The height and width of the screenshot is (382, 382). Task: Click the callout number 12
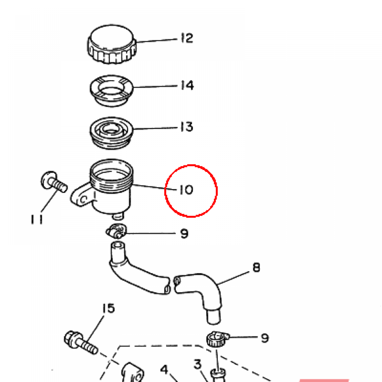coord(187,38)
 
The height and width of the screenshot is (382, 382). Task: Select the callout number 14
coord(187,85)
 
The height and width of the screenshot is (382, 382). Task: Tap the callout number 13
coord(187,127)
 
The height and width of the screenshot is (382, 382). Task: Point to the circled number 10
coord(187,190)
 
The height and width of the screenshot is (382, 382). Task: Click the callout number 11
coord(37,219)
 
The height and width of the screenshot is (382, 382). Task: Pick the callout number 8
coord(256,267)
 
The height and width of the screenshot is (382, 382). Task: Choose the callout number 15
coord(108,308)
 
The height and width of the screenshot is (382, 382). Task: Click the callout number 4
coord(164,369)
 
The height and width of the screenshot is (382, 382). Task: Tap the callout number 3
coord(197,364)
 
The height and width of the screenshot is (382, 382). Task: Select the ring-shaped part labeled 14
coord(112,91)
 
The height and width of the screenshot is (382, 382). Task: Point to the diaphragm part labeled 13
coord(112,133)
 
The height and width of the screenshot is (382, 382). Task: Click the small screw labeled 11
coord(54,181)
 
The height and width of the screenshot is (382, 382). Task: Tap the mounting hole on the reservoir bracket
coord(84,200)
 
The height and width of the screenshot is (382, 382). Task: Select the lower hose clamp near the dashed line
coord(217,339)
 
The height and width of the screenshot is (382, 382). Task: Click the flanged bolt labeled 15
coord(81,342)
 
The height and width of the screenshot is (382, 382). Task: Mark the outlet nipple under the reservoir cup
coord(118,216)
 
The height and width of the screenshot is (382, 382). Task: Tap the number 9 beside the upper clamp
coord(184,234)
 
